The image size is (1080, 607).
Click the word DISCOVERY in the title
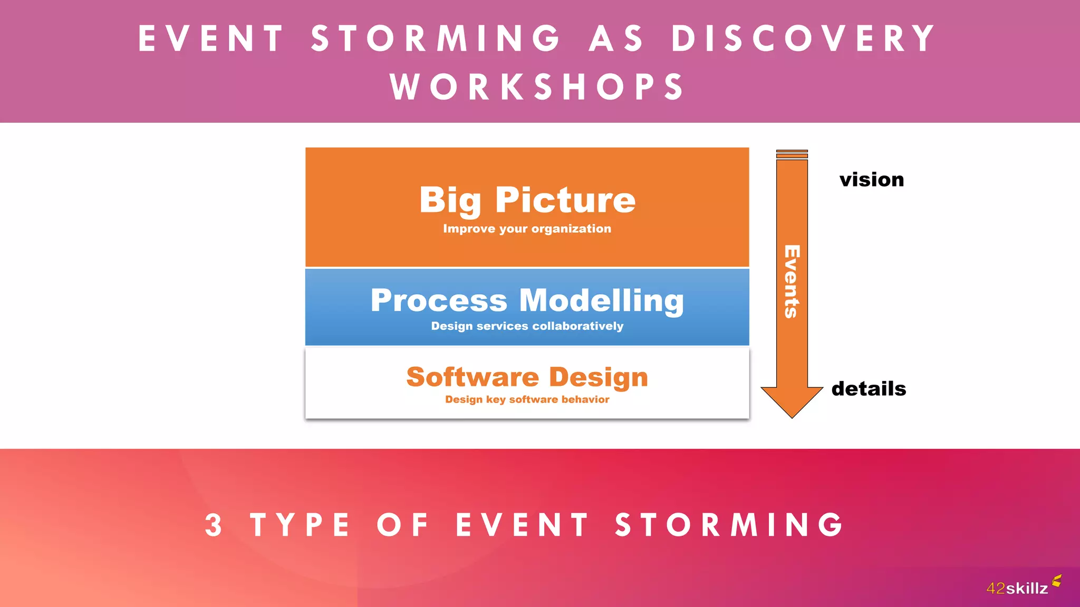pyautogui.click(x=804, y=38)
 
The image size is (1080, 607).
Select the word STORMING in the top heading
pyautogui.click(x=436, y=38)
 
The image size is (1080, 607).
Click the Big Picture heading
pyautogui.click(x=527, y=200)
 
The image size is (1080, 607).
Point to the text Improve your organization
pyautogui.click(x=527, y=229)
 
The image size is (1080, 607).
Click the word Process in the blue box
pyautogui.click(x=439, y=300)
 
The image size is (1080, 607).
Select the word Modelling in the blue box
pyautogui.click(x=601, y=300)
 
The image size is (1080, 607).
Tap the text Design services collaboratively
pyautogui.click(x=527, y=326)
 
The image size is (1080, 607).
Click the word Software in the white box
pyautogui.click(x=472, y=377)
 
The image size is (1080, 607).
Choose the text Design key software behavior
pyautogui.click(x=527, y=399)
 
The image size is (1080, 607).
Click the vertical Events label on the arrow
pyautogui.click(x=792, y=281)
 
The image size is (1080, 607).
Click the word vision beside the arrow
pyautogui.click(x=872, y=180)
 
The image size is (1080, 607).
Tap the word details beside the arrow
pyautogui.click(x=869, y=389)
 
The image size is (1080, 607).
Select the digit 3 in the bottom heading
pyautogui.click(x=214, y=525)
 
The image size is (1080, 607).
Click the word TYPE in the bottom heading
pyautogui.click(x=300, y=525)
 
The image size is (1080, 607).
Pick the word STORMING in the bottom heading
pyautogui.click(x=730, y=525)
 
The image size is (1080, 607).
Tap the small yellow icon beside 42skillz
pyautogui.click(x=1057, y=581)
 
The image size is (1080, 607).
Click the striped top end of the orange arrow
pyautogui.click(x=792, y=154)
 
